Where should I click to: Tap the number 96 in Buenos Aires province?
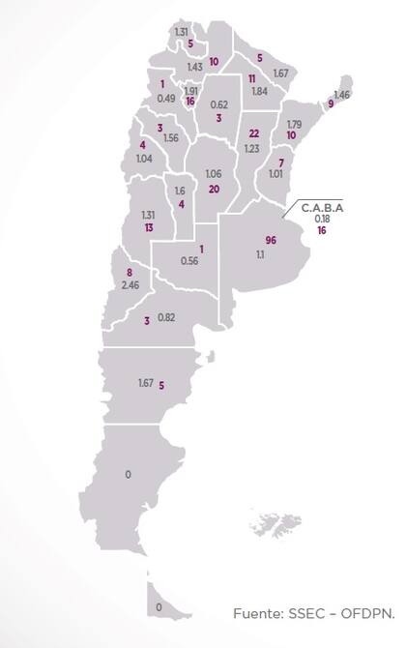click(x=271, y=239)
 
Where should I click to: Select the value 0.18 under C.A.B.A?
click(x=321, y=219)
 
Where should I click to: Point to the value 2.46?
click(x=131, y=285)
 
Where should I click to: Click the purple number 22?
click(x=254, y=133)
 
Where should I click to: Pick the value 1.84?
click(x=259, y=91)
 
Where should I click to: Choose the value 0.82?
click(x=166, y=318)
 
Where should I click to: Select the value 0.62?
click(x=218, y=104)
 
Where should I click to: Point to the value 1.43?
click(x=194, y=67)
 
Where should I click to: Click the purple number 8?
click(x=130, y=274)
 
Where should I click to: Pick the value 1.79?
click(x=295, y=124)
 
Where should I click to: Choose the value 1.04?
click(x=145, y=159)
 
